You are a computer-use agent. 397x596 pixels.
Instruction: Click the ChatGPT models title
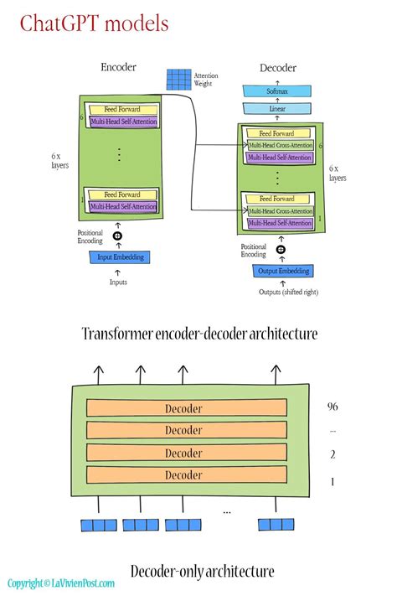[94, 23]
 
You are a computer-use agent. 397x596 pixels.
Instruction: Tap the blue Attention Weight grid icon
[178, 79]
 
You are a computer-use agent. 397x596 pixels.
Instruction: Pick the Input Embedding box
[121, 257]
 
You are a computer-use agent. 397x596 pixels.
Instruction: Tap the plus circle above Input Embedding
[119, 237]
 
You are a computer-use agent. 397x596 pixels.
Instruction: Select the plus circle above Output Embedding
[281, 250]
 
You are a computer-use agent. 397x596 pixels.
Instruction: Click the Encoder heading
[118, 68]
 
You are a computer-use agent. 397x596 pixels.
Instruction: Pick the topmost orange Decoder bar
[183, 407]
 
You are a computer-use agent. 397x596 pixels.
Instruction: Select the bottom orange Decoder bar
[183, 475]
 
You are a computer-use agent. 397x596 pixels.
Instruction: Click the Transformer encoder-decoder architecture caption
[199, 334]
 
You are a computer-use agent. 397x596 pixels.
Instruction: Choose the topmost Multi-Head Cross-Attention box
[281, 145]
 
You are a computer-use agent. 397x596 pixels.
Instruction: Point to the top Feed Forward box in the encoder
[122, 110]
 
